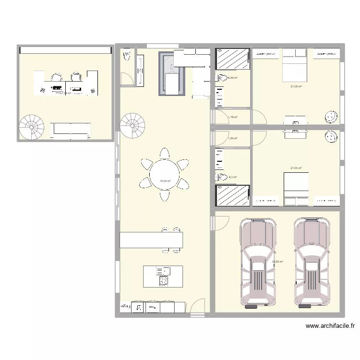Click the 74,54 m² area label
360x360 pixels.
(x=165, y=181)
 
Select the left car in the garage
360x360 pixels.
(x=258, y=262)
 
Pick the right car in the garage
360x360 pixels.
(x=312, y=262)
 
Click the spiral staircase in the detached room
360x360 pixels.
(x=32, y=127)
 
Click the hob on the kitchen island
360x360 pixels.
(x=163, y=281)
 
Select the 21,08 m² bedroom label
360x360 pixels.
(x=296, y=86)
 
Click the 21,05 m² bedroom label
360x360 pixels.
(x=296, y=168)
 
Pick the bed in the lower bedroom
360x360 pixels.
(x=296, y=190)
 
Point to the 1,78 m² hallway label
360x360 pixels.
(x=232, y=117)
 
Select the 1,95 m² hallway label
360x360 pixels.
(x=232, y=138)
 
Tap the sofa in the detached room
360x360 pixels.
(x=71, y=128)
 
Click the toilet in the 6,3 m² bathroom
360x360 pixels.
(x=222, y=178)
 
